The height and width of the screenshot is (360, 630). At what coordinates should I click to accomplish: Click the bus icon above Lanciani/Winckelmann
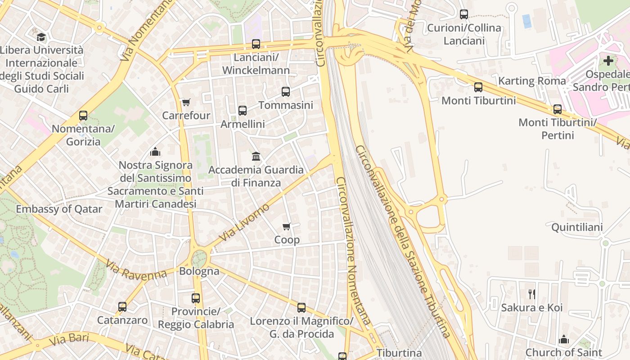256,44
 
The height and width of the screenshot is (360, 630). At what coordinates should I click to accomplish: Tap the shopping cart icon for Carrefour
186,102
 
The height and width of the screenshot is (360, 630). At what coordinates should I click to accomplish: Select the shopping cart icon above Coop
287,226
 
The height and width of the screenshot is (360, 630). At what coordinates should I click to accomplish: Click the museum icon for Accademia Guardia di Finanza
256,156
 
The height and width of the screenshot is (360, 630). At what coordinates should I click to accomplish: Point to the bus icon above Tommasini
285,92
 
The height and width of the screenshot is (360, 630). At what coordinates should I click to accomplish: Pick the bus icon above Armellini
243,110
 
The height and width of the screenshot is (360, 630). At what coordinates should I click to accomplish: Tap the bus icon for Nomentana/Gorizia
83,116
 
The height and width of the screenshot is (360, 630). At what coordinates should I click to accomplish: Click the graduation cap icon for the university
41,37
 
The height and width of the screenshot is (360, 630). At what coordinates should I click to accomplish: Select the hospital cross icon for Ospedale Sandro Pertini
608,61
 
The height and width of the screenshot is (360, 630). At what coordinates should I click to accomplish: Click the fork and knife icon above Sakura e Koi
532,294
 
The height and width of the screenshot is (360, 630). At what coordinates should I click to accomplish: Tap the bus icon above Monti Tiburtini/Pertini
558,109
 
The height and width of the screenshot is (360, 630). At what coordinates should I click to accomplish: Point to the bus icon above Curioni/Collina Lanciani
464,14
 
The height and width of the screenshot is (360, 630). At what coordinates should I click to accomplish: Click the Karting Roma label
531,81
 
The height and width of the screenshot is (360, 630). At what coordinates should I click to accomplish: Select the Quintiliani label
577,227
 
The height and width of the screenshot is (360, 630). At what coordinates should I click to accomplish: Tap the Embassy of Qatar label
59,209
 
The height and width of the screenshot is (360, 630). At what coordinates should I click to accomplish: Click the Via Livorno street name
244,222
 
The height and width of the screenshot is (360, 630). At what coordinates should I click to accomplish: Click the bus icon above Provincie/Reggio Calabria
196,298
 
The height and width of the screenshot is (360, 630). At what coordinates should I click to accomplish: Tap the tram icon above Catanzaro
122,307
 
